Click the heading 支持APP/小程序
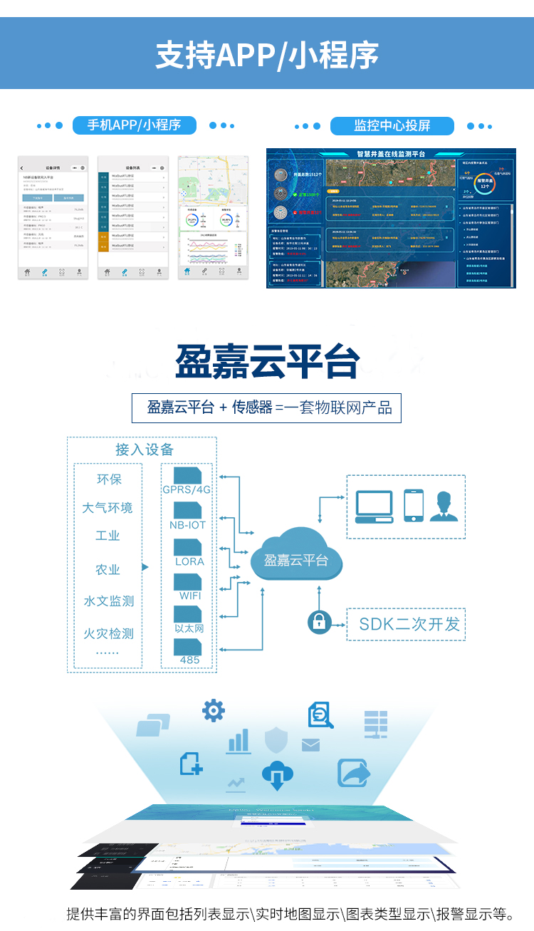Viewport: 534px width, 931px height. click(x=267, y=56)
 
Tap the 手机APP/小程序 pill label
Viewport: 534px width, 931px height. click(x=134, y=125)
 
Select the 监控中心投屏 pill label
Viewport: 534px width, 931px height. click(x=392, y=126)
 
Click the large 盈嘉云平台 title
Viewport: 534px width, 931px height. click(x=267, y=362)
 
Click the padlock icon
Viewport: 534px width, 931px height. click(x=320, y=621)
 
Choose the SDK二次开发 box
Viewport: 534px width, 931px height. click(x=409, y=625)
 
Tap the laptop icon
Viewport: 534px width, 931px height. click(x=375, y=507)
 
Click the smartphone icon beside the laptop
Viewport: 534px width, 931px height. click(x=414, y=505)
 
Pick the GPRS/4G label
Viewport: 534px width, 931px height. click(x=187, y=490)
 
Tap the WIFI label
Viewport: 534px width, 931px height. click(x=190, y=595)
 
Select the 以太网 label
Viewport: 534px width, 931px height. click(x=189, y=628)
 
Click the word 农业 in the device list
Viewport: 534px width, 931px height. click(x=108, y=570)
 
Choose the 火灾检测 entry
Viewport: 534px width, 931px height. click(x=108, y=633)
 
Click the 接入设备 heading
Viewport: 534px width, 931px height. click(x=145, y=449)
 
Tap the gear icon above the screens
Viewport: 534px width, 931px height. click(x=214, y=710)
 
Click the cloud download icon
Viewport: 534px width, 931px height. click(x=278, y=775)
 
